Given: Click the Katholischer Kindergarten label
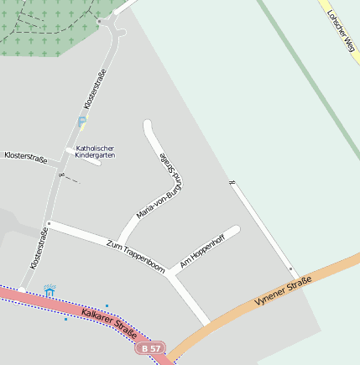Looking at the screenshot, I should pos(95,152).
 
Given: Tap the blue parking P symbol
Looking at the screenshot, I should pos(81,122).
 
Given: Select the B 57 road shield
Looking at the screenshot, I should pos(151,347).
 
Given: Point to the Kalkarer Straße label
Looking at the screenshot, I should pos(109,321).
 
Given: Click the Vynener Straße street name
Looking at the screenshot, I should pos(283,291).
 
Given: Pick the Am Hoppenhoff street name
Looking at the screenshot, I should pos(202,250).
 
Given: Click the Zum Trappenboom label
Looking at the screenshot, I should pos(135,255).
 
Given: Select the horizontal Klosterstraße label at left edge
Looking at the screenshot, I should pos(25,156).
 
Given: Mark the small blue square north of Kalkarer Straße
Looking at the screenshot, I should pos(107,305).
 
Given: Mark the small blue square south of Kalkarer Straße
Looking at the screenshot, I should pos(65,319).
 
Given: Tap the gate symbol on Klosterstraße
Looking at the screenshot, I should pos(62,175).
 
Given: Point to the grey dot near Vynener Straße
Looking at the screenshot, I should pos(291,269).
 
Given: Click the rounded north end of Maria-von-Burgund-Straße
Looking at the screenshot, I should pos(149,126).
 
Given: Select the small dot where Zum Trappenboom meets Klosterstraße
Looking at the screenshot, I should pos(49,223).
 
